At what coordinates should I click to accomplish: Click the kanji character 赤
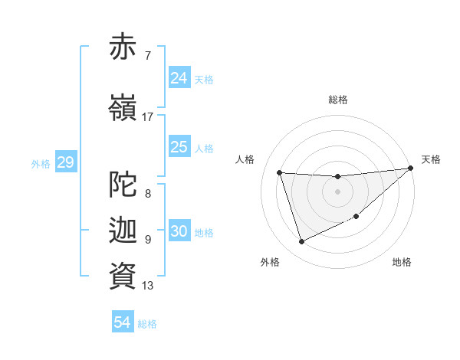123,47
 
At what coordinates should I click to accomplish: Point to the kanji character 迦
123,231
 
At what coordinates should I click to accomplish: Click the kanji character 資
123,276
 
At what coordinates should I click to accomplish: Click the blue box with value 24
179,78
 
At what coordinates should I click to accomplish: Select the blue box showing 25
179,147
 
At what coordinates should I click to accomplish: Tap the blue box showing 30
179,232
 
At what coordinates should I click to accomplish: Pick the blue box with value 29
65,162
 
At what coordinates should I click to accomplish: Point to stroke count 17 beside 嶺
147,116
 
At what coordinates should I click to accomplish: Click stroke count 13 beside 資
147,286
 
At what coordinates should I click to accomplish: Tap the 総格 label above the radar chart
338,100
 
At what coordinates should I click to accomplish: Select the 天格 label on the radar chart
431,159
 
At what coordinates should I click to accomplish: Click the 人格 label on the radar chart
245,159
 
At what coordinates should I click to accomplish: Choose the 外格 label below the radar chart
270,262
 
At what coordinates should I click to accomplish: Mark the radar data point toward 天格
411,169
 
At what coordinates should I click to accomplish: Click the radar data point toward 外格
301,242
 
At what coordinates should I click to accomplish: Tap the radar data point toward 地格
356,216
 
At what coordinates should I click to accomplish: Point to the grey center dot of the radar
338,191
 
